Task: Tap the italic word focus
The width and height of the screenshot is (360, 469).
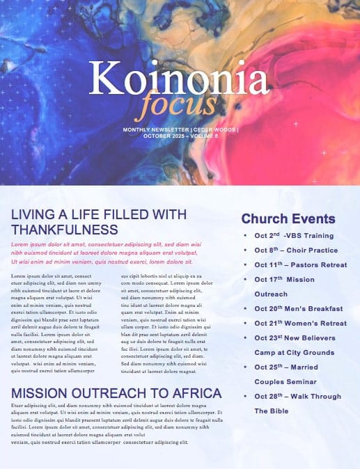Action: pos(166,105)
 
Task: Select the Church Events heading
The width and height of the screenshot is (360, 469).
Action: pos(288,218)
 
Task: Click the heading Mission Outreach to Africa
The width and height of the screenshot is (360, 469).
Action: pos(116,392)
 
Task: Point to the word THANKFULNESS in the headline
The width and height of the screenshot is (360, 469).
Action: pos(64,230)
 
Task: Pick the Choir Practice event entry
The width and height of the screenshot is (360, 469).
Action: pos(312,250)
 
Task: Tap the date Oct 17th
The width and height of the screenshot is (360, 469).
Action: pos(269,279)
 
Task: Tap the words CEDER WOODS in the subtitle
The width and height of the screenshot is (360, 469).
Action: pos(213,129)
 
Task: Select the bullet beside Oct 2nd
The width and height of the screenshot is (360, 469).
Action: pos(244,236)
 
